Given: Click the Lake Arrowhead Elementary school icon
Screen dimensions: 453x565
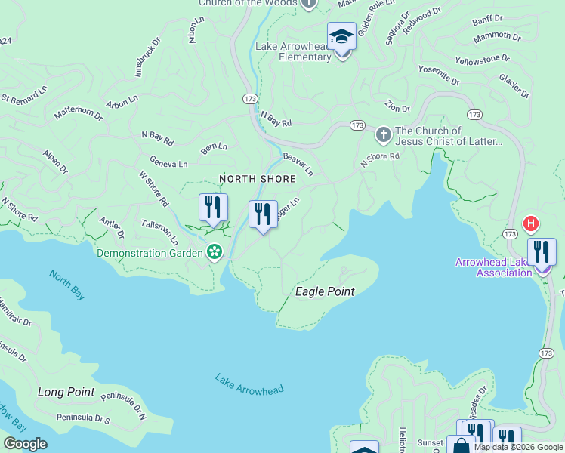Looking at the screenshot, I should tap(341, 36).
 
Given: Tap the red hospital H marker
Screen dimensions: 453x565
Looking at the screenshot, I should tap(531, 223).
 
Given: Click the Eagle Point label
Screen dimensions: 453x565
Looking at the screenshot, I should tap(325, 291).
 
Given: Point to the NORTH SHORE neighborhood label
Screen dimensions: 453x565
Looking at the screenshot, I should tap(258, 179).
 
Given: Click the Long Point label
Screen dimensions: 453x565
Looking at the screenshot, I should tap(66, 392).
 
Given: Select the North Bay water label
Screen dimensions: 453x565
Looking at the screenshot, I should tap(67, 285).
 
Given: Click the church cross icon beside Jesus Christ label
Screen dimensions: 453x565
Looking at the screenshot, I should tap(383, 136).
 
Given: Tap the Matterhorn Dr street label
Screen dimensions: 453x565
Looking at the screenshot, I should tap(78, 113).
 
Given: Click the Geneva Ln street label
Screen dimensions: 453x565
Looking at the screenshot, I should tap(168, 163).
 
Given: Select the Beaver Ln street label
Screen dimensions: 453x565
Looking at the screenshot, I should tap(298, 163).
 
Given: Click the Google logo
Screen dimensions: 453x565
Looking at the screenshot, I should tap(25, 444).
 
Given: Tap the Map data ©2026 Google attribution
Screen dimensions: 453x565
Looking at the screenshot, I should tap(517, 447).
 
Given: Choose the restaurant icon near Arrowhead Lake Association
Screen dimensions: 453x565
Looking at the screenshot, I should tap(542, 252).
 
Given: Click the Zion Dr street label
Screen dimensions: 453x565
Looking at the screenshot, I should tap(397, 107).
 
